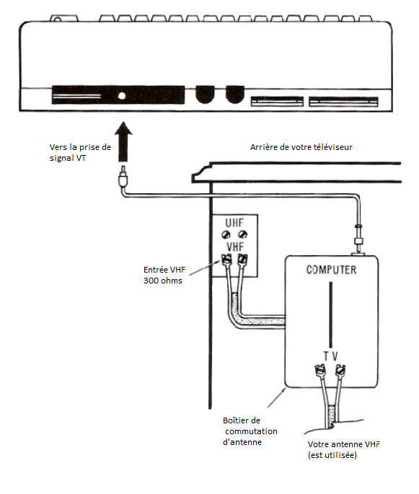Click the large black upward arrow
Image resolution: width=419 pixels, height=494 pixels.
coord(123,142)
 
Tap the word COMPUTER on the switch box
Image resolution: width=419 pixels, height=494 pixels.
coord(331,270)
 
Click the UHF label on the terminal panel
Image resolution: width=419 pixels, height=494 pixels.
coord(234,223)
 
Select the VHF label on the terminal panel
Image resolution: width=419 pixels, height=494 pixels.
coord(235,247)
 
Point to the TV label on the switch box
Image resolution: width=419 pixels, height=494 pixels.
coord(331,356)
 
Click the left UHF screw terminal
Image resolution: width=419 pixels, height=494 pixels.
coord(226,234)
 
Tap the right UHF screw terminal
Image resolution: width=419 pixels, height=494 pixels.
coord(242,234)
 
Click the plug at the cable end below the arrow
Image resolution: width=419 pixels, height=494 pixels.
coord(123,178)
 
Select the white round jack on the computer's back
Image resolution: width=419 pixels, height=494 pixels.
coord(122,96)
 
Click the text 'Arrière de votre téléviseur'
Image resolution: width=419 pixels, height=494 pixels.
coord(301,147)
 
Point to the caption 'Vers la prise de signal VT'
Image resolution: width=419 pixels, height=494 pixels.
coord(80,152)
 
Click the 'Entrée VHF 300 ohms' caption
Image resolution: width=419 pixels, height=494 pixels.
coord(164,275)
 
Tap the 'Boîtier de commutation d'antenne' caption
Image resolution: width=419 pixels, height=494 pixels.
coord(250,431)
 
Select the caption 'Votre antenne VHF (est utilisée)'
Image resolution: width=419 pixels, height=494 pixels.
coord(344,449)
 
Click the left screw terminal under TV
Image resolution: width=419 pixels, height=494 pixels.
coord(319,369)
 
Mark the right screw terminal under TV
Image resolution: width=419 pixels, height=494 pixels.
coord(340,369)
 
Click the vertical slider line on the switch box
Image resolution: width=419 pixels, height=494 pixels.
coord(330,314)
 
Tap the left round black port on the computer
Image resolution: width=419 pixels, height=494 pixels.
coord(205,94)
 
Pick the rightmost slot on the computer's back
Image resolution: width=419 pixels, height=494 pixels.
coord(343,102)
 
